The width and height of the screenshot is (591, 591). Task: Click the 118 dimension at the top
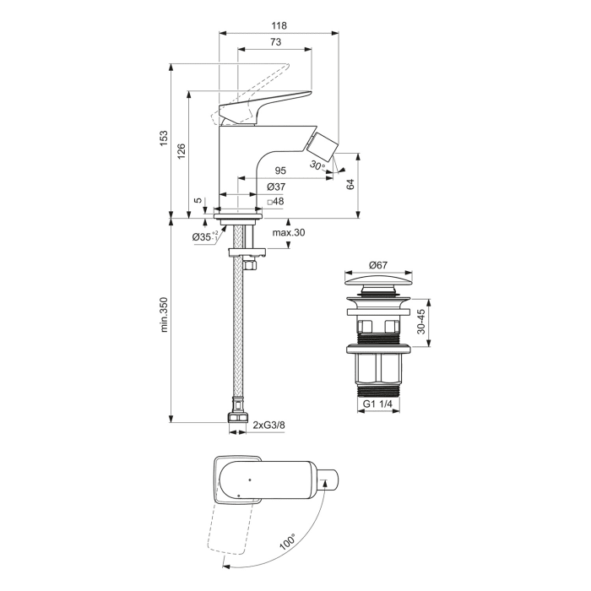279,25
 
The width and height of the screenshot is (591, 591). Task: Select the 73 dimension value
275,42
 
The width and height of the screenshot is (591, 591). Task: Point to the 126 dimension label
181,151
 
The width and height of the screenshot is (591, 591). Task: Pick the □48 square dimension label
274,202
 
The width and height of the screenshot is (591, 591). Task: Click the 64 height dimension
350,185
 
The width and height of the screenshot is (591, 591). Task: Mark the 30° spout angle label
317,165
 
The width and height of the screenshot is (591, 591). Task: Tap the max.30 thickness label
287,233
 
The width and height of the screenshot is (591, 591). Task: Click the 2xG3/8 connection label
269,426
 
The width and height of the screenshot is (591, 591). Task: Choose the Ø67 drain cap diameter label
379,265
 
